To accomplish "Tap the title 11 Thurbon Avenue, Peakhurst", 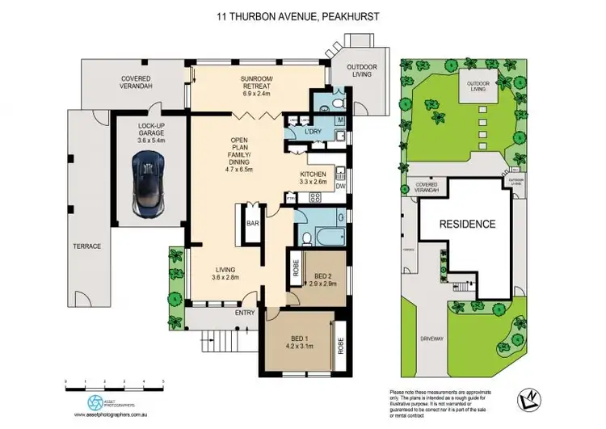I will (302, 15).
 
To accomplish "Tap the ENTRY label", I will (246, 312).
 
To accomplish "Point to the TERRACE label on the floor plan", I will (89, 246).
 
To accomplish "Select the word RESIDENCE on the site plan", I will (467, 224).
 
